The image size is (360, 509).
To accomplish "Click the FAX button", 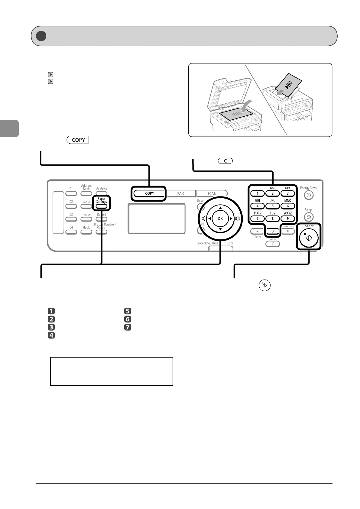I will click(x=180, y=193).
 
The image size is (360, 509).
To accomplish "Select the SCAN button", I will click(x=212, y=193).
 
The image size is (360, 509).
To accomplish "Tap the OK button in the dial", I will click(x=220, y=219).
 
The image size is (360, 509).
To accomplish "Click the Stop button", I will click(x=308, y=217).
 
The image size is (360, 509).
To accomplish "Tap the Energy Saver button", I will click(x=308, y=196).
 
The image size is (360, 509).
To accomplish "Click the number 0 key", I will click(x=273, y=231).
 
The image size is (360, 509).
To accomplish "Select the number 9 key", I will click(x=287, y=219).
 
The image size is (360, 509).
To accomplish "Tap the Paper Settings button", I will click(x=102, y=206).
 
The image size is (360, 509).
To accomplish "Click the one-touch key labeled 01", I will click(x=71, y=194).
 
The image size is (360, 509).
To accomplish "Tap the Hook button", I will click(x=86, y=232).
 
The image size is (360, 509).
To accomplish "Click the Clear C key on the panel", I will click(x=273, y=244).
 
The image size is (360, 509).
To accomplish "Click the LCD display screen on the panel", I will click(x=157, y=218).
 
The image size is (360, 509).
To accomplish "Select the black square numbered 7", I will click(x=128, y=327).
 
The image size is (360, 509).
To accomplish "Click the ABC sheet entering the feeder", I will click(x=290, y=85).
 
